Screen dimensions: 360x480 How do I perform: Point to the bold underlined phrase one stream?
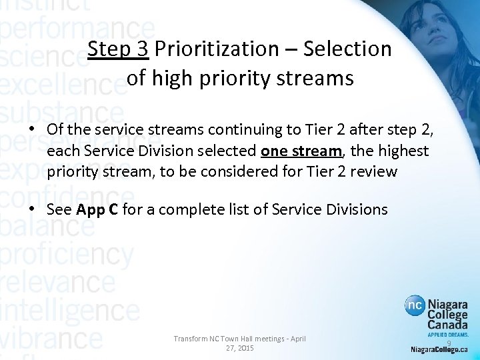pos(300,151)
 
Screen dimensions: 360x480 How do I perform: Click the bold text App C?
pos(97,209)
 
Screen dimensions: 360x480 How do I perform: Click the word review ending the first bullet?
pos(374,172)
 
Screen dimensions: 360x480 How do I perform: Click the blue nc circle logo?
pos(415,307)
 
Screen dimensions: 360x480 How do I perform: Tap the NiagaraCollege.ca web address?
pos(439,349)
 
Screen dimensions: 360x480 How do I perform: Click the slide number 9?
pos(449,343)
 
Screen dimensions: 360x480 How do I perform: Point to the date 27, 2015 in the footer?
pos(240,348)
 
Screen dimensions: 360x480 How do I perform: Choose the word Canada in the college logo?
pos(449,324)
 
